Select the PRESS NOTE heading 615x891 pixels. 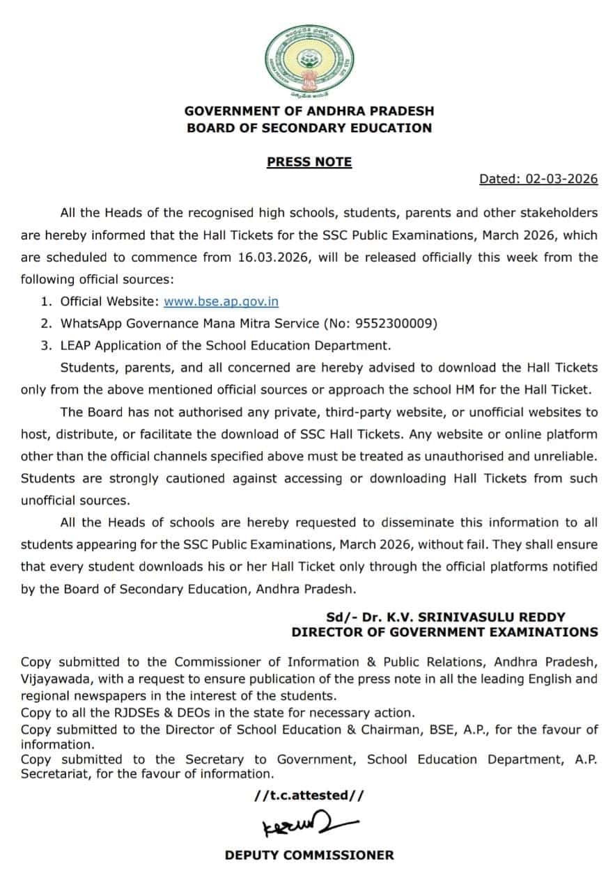309,162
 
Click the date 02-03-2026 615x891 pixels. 561,179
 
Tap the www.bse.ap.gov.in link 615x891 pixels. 221,301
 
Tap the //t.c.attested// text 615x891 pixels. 309,796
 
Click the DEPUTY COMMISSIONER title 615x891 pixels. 309,855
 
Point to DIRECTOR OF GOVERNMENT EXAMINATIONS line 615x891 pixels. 444,632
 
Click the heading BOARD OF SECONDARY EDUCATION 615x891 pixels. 309,128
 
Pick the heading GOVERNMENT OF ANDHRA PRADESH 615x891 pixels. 309,111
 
